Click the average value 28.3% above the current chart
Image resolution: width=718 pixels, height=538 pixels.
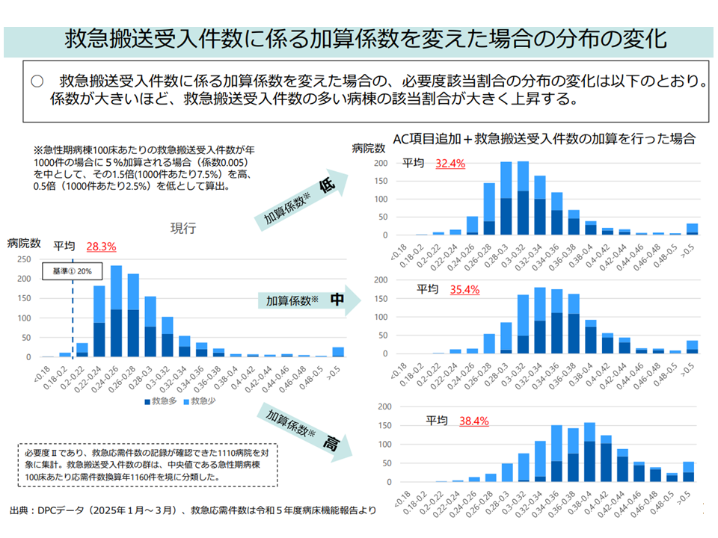click(x=101, y=246)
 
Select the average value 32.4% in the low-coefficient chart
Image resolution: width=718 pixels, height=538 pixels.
click(x=450, y=163)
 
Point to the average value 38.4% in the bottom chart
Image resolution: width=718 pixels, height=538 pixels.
click(x=473, y=421)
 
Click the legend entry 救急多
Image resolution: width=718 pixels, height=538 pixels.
click(x=163, y=401)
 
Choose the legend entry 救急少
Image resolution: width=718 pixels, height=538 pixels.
click(x=201, y=401)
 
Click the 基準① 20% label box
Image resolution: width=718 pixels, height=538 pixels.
click(x=72, y=271)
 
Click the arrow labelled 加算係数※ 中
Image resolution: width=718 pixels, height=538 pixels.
click(x=306, y=300)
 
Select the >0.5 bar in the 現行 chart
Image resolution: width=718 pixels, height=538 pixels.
click(x=338, y=352)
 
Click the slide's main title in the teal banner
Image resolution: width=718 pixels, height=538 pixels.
click(x=359, y=38)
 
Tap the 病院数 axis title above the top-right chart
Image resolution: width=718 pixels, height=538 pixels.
click(x=369, y=148)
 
